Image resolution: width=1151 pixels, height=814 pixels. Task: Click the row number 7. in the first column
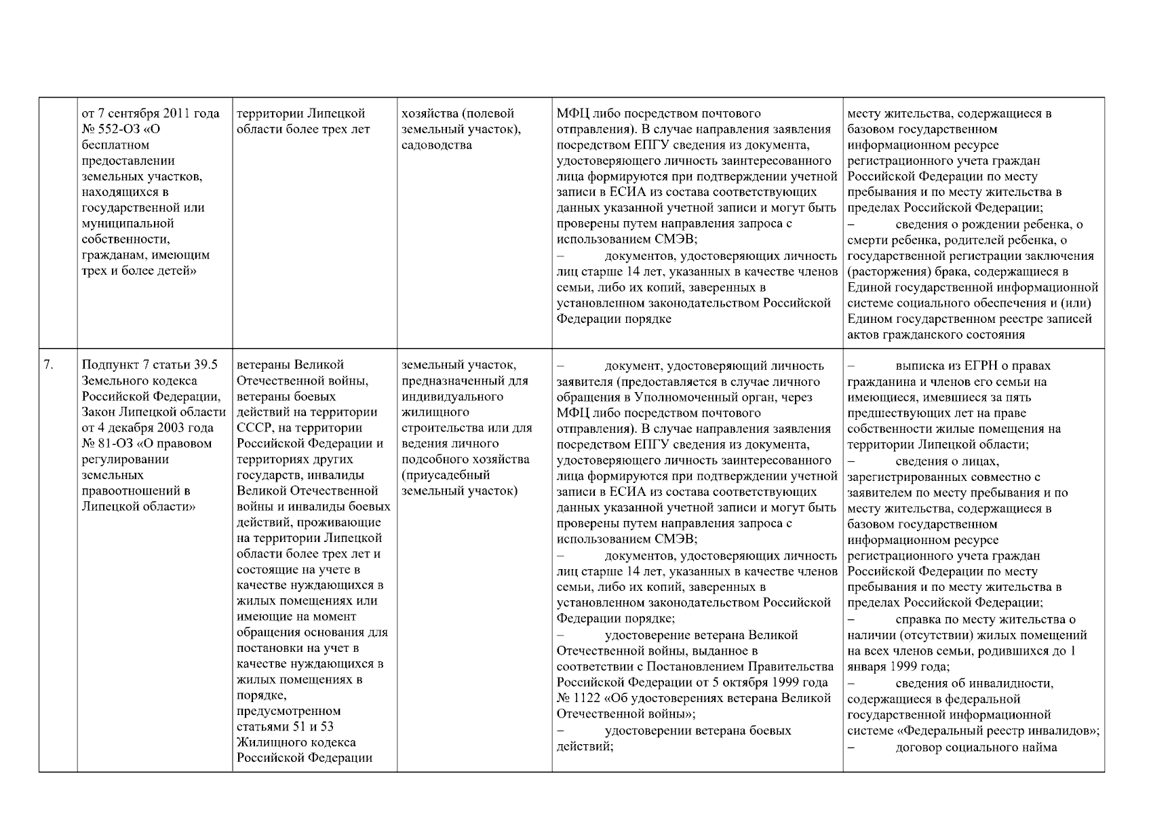pyautogui.click(x=49, y=366)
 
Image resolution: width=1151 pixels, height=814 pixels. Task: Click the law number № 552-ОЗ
pyautogui.click(x=111, y=129)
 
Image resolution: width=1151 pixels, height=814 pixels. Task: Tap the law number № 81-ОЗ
pyautogui.click(x=106, y=444)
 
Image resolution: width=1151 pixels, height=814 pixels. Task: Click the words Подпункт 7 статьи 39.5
pyautogui.click(x=149, y=365)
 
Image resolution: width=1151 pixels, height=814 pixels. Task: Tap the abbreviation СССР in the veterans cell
pyautogui.click(x=252, y=428)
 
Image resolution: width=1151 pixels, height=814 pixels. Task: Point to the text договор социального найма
pyautogui.click(x=976, y=748)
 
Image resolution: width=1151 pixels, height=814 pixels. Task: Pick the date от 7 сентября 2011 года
pyautogui.click(x=150, y=113)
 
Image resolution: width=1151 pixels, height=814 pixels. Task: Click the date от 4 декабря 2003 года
pyautogui.click(x=147, y=428)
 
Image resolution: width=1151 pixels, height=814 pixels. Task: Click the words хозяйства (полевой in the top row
pyautogui.click(x=458, y=113)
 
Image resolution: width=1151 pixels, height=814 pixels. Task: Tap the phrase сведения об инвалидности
pyautogui.click(x=974, y=683)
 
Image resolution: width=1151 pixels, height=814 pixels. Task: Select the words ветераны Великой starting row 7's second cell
pyautogui.click(x=290, y=365)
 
